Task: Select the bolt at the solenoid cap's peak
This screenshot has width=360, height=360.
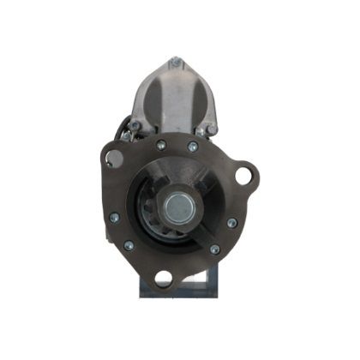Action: [176, 62]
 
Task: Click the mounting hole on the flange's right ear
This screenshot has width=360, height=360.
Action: [244, 176]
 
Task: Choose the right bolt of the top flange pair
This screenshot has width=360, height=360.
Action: [192, 147]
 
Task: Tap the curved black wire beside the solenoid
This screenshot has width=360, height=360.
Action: [128, 129]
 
